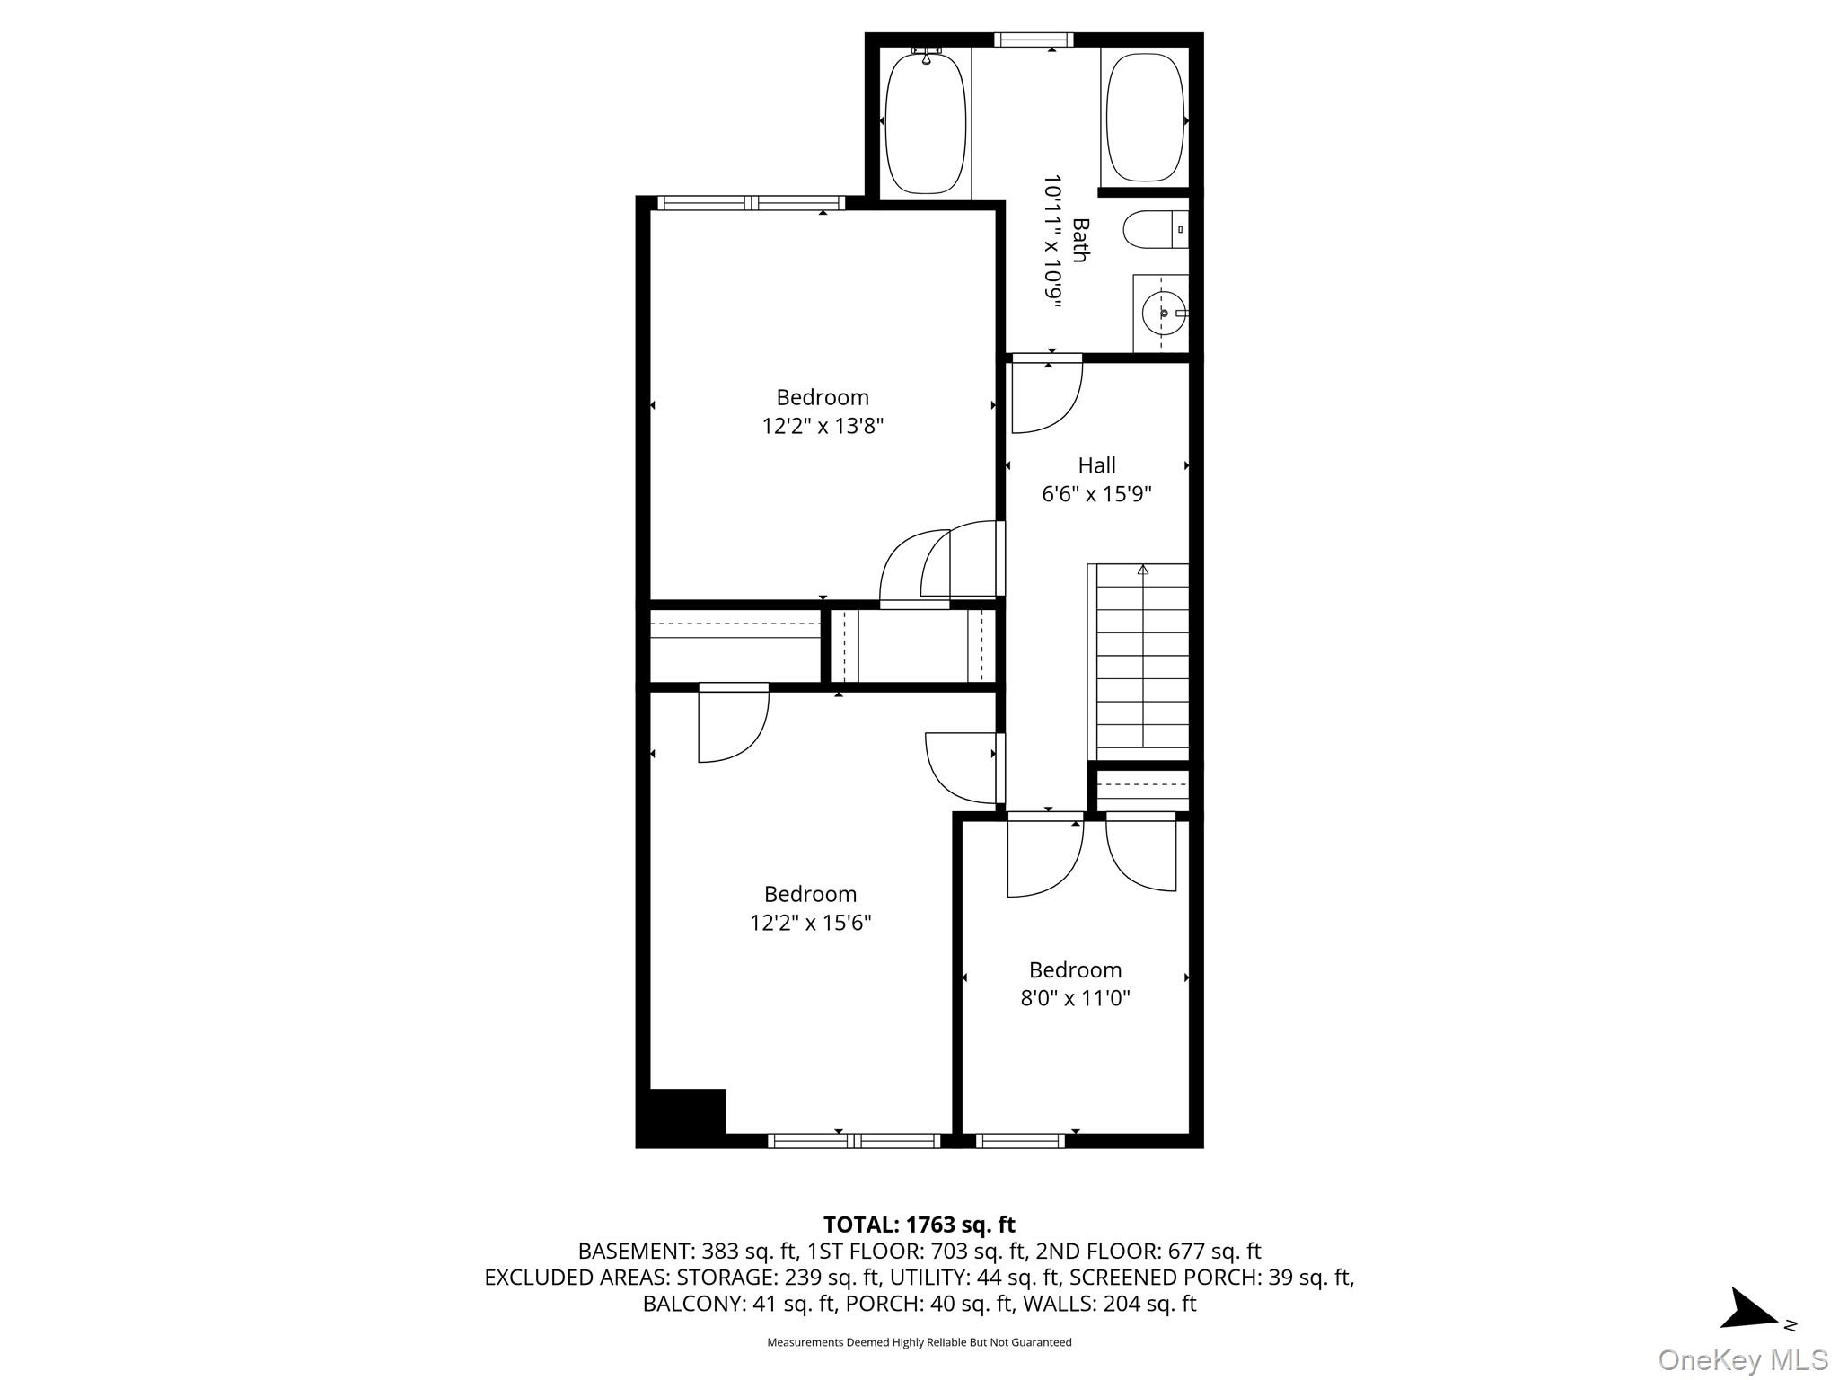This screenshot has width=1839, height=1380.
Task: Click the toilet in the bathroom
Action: pyautogui.click(x=1153, y=230)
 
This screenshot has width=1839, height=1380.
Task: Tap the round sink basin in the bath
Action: pyautogui.click(x=1162, y=314)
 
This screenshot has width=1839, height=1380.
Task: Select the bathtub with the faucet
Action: pyautogui.click(x=926, y=123)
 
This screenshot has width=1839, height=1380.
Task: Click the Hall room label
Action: pyautogui.click(x=1096, y=465)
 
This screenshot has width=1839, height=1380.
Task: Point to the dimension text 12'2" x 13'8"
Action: pyautogui.click(x=823, y=426)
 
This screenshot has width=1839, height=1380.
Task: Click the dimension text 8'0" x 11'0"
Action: pyautogui.click(x=1075, y=998)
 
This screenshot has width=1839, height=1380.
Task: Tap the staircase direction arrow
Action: pyautogui.click(x=1143, y=569)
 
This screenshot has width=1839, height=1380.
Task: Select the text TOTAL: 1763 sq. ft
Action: pyautogui.click(x=919, y=1225)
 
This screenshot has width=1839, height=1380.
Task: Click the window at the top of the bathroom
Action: pyautogui.click(x=1034, y=40)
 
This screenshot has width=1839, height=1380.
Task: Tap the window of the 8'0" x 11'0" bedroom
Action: pyautogui.click(x=1020, y=1141)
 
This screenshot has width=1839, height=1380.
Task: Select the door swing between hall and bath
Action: pyautogui.click(x=1046, y=395)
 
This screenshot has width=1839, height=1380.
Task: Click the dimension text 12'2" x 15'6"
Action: pyautogui.click(x=810, y=923)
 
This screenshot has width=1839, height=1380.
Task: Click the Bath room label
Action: pyautogui.click(x=1080, y=240)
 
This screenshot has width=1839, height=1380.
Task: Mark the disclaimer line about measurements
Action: pyautogui.click(x=919, y=1342)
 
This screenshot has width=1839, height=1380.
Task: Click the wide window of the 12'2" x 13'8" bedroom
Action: pyautogui.click(x=751, y=203)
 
